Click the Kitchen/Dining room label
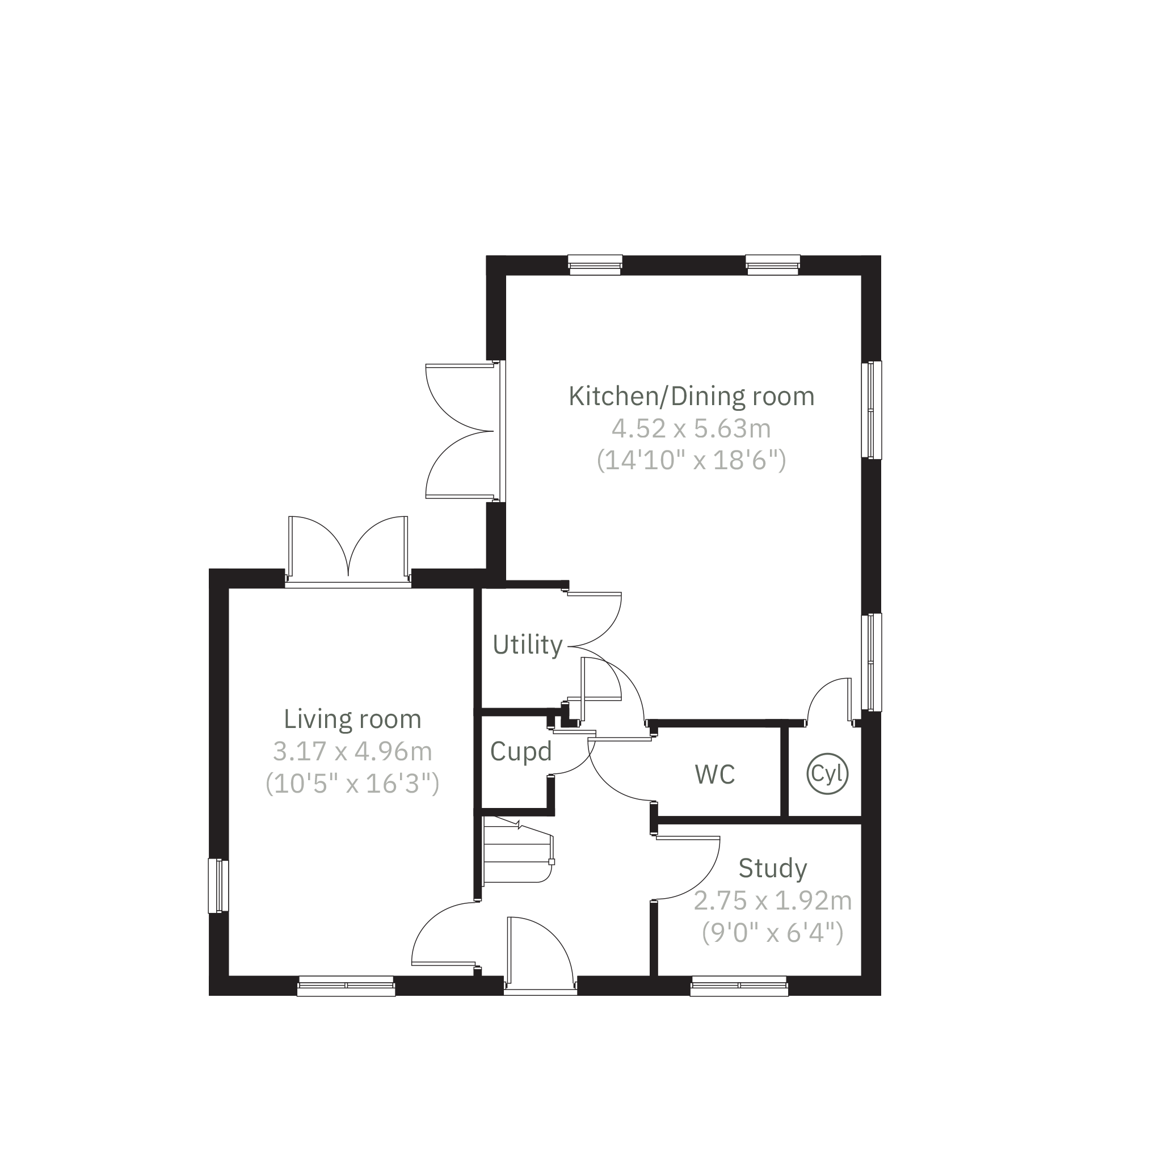tap(692, 397)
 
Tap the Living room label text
tap(353, 719)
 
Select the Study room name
tap(773, 869)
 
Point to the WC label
tap(715, 775)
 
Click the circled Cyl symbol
tap(827, 774)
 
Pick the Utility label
tap(528, 645)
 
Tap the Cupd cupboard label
tap(521, 752)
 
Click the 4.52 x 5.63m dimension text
tap(692, 429)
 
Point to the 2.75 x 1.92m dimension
tap(773, 902)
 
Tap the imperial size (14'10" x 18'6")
tap(692, 461)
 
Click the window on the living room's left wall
tap(218, 886)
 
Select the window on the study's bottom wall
tap(739, 986)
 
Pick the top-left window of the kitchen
tap(595, 265)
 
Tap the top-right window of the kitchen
tap(773, 265)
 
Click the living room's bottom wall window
tap(346, 986)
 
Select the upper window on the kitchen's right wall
tap(872, 410)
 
